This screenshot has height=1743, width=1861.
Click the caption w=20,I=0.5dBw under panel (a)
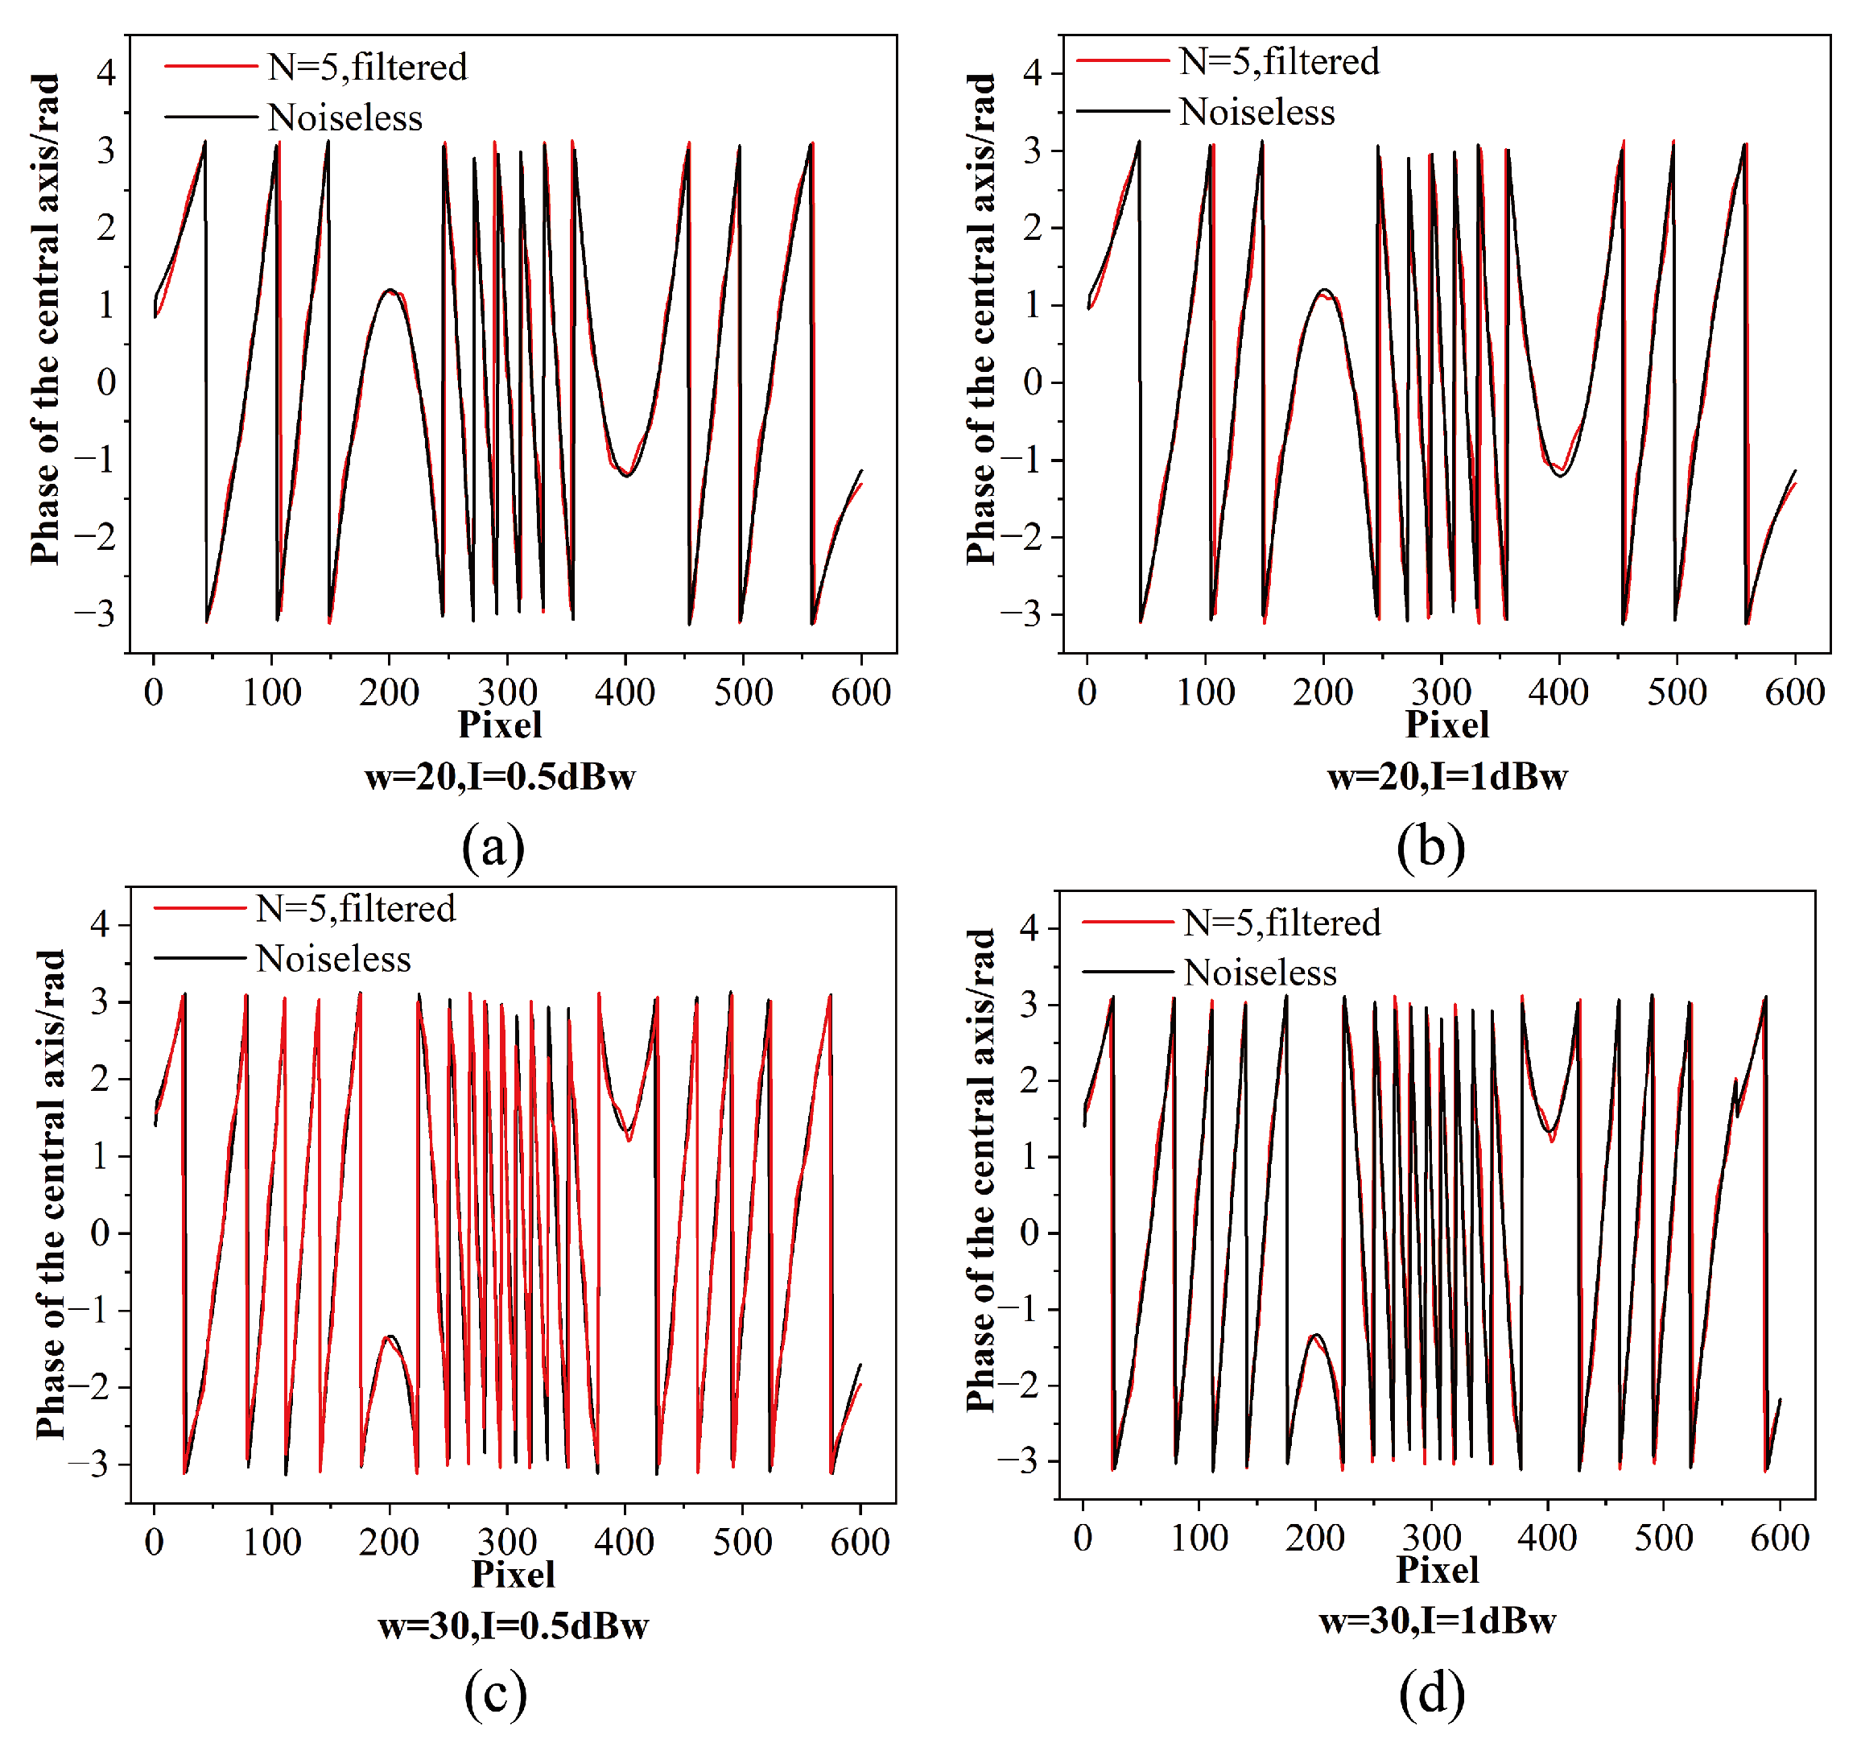click(x=500, y=777)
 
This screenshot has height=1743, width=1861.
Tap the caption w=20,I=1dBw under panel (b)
click(x=1446, y=777)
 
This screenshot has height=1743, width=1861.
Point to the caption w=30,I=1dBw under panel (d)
click(x=1437, y=1621)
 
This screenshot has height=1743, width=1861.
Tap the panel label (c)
click(x=495, y=1693)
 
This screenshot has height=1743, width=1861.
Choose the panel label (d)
click(x=1431, y=1693)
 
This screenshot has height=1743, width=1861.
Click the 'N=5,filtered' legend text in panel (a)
click(x=367, y=68)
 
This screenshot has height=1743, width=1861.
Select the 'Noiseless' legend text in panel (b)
click(x=1256, y=113)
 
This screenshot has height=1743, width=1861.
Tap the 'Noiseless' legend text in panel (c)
click(x=333, y=959)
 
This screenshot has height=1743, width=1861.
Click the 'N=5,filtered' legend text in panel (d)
click(x=1281, y=923)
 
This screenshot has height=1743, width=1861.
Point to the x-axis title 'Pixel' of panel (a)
click(x=500, y=725)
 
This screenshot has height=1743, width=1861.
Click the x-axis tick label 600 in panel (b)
click(x=1794, y=692)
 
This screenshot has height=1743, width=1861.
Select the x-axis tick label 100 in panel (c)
click(x=271, y=1542)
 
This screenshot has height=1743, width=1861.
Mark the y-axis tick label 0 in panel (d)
click(x=1029, y=1233)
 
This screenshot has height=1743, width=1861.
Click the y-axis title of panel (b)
click(x=980, y=318)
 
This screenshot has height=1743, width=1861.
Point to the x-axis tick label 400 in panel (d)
click(x=1547, y=1538)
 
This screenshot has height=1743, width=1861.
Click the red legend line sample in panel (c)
click(x=200, y=908)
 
